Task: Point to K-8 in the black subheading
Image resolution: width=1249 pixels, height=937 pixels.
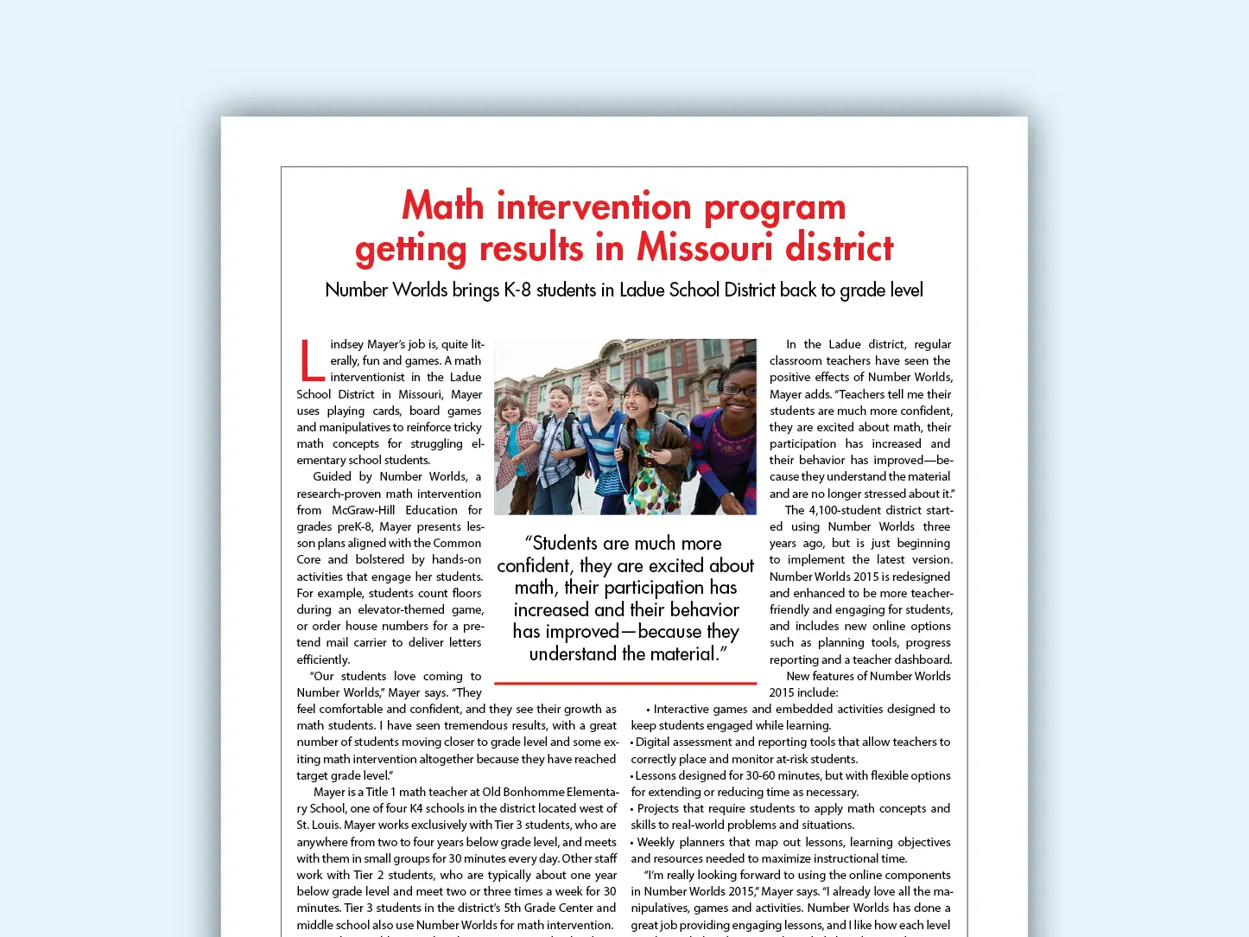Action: click(x=517, y=290)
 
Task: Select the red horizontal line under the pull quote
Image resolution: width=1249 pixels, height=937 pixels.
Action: click(x=625, y=683)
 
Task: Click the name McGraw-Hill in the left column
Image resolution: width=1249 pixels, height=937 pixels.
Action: click(x=364, y=510)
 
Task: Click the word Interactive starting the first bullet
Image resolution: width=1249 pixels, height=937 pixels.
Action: click(x=682, y=709)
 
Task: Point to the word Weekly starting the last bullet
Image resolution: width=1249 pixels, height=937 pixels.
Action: click(x=656, y=842)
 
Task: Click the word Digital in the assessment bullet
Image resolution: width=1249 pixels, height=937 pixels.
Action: click(x=656, y=742)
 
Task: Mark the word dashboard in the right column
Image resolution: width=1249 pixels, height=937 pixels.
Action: click(x=922, y=660)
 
